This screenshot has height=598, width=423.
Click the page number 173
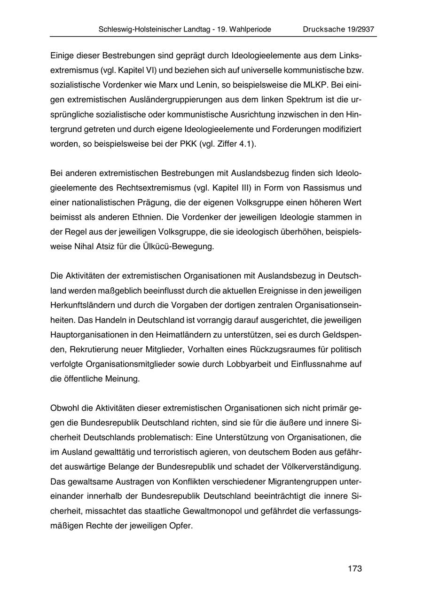(x=355, y=568)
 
